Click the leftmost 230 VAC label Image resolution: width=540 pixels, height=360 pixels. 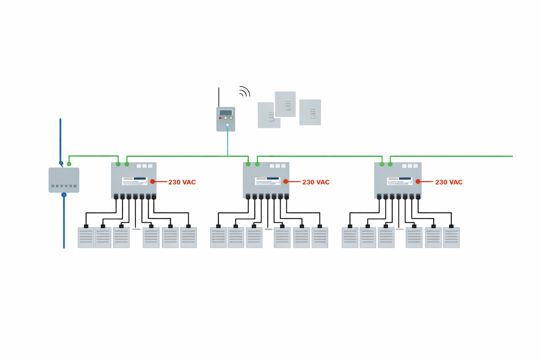182,182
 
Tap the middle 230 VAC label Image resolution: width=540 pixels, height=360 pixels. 316,182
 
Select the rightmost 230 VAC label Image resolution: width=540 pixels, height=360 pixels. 449,182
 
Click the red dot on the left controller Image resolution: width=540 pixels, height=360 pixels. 153,181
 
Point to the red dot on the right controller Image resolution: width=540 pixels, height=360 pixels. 418,181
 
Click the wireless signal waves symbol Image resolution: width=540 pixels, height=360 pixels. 244,91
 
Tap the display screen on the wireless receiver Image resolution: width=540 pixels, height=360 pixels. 225,112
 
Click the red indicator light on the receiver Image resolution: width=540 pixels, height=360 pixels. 220,118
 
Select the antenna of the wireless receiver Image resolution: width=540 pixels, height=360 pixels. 219,97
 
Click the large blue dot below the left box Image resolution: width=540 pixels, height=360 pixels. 64,195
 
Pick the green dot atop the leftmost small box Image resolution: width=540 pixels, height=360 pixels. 69,164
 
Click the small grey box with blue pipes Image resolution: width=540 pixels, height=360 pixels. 64,180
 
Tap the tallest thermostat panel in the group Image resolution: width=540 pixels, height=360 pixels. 285,104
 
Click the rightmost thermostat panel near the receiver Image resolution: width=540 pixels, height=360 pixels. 310,112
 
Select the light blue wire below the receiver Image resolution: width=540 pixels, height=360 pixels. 227,141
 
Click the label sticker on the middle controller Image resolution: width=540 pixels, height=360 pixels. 268,181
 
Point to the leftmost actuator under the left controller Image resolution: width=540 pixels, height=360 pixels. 86,237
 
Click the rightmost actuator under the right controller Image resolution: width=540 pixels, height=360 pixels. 451,237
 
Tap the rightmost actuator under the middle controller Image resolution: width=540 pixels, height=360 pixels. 320,237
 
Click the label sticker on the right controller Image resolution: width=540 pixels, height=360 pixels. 400,181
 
